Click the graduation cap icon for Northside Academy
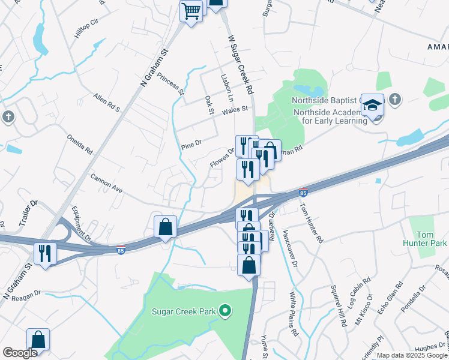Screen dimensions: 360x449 click(x=372, y=106)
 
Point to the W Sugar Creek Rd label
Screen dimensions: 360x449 click(x=239, y=65)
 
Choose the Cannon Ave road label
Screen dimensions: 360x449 click(x=106, y=183)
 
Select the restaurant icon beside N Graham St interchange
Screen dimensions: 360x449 click(x=45, y=253)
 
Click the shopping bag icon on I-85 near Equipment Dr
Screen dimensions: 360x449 click(x=166, y=227)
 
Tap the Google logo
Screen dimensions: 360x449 click(x=20, y=353)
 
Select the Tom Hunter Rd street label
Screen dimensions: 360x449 click(x=312, y=221)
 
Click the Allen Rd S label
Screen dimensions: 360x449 click(x=107, y=103)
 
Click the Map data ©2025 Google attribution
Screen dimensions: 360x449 click(x=412, y=355)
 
